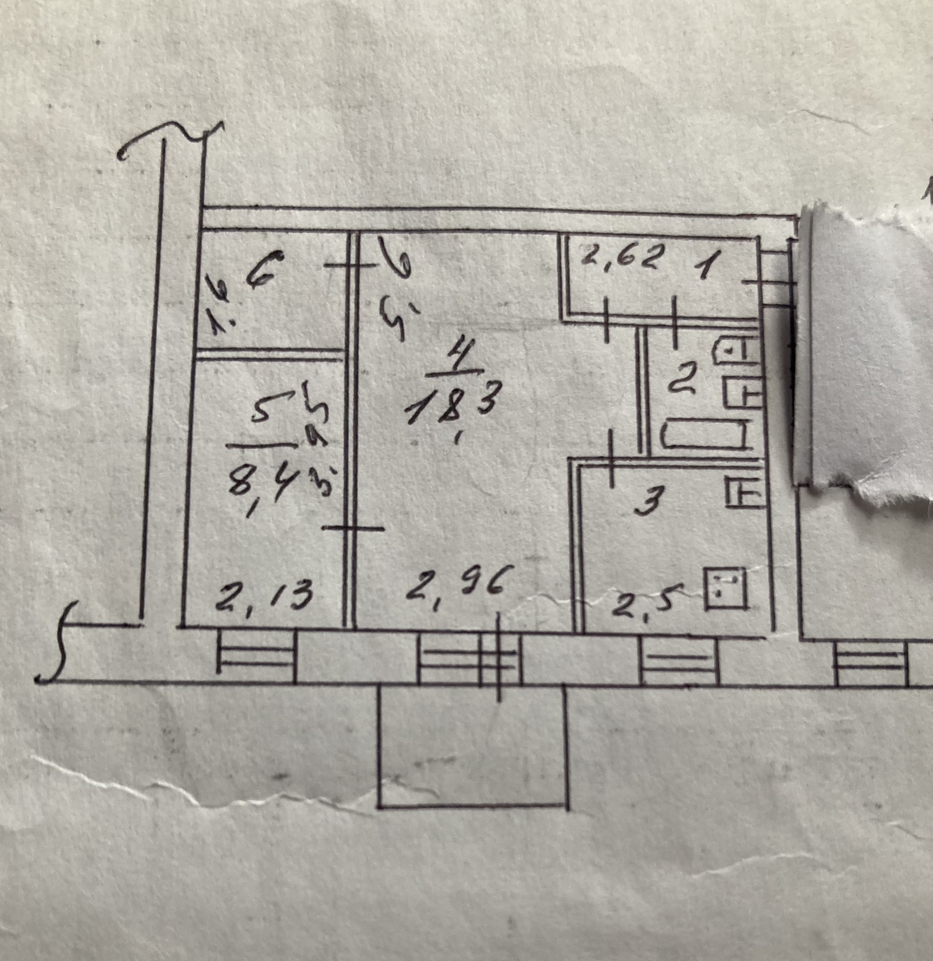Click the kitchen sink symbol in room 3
743,492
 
